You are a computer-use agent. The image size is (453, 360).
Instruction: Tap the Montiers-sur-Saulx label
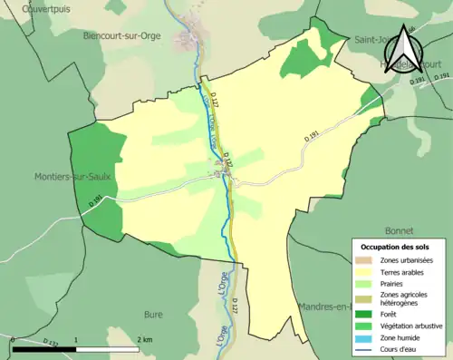click(73, 176)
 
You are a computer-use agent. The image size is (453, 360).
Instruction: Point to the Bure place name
click(153, 315)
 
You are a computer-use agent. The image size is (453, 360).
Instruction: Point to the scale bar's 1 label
click(76, 338)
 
